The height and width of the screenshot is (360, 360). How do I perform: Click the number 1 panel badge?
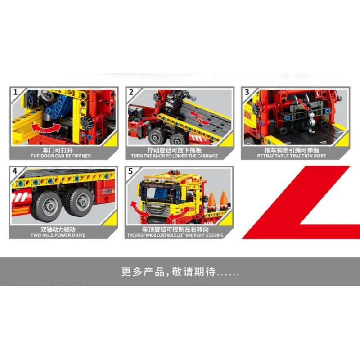click(x=15, y=92)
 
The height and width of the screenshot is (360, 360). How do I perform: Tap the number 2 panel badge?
click(x=131, y=92)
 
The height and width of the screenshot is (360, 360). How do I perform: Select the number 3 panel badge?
click(x=247, y=92)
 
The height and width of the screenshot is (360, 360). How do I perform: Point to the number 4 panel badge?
click(x=15, y=171)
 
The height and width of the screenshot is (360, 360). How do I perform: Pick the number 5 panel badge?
click(x=131, y=171)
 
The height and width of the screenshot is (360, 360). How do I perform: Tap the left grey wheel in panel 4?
click(x=45, y=207)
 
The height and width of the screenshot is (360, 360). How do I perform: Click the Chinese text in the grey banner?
click(x=180, y=272)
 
